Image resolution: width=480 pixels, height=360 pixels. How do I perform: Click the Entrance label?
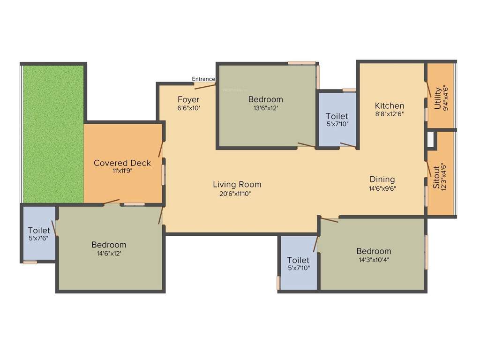(203, 79)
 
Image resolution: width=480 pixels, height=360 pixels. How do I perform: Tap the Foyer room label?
(188, 99)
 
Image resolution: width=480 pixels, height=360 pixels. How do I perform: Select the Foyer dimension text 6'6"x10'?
(188, 108)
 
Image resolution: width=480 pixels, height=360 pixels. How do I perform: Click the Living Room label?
(237, 184)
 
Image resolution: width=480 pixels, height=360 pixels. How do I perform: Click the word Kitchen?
(389, 106)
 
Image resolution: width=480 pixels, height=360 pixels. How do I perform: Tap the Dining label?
(382, 179)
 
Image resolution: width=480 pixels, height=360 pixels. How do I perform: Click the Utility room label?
(437, 98)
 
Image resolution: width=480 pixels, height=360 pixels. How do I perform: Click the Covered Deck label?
(122, 163)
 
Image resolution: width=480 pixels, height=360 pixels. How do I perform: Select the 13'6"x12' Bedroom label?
(265, 99)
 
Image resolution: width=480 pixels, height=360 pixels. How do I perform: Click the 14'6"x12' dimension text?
(109, 253)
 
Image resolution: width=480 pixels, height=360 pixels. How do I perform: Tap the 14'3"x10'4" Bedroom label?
(373, 251)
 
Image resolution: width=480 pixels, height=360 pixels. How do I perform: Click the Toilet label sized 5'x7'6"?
(39, 231)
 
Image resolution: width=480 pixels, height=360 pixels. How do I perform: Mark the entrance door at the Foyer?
(204, 86)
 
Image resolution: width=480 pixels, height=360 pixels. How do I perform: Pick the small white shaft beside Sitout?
(430, 139)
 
